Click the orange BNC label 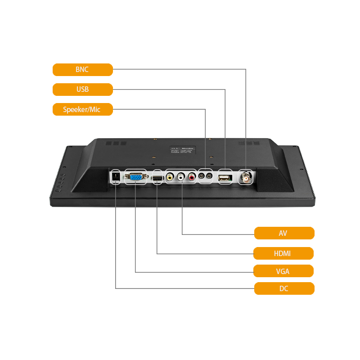pyautogui.click(x=82, y=70)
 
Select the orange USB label pyautogui.click(x=82, y=89)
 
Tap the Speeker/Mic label pyautogui.click(x=82, y=109)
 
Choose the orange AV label pyautogui.click(x=284, y=233)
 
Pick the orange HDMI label pyautogui.click(x=283, y=253)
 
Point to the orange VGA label pyautogui.click(x=283, y=271)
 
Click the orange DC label pyautogui.click(x=284, y=288)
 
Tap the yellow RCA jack pyautogui.click(x=170, y=177)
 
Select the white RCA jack pyautogui.click(x=181, y=177)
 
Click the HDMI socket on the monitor pyautogui.click(x=157, y=179)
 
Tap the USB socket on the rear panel pyautogui.click(x=225, y=178)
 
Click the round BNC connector pyautogui.click(x=246, y=177)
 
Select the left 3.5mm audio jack pyautogui.click(x=202, y=177)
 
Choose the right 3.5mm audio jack pyautogui.click(x=209, y=177)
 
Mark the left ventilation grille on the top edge pyautogui.click(x=117, y=143)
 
